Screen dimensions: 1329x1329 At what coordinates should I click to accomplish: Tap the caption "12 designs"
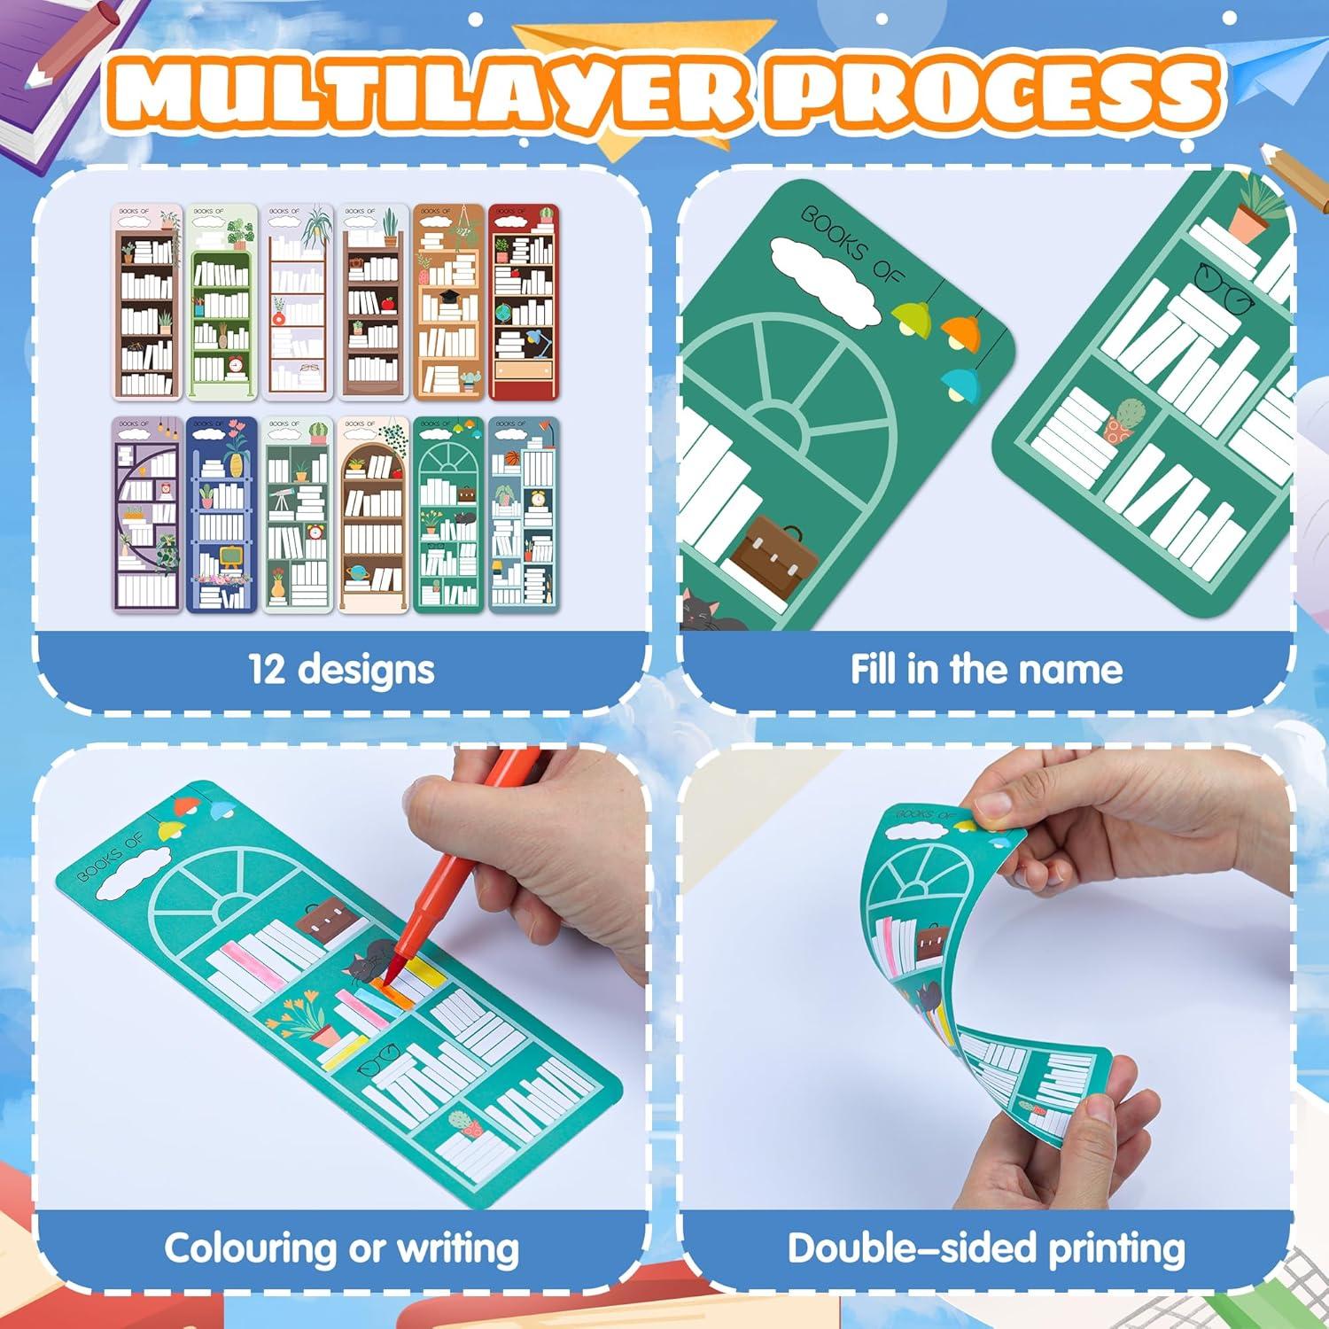click(341, 669)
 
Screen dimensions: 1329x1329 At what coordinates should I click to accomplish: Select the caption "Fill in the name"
click(986, 669)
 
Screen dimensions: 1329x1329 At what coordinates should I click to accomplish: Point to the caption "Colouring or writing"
click(341, 1247)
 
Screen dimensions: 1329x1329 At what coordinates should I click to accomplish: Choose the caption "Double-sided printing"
click(986, 1247)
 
